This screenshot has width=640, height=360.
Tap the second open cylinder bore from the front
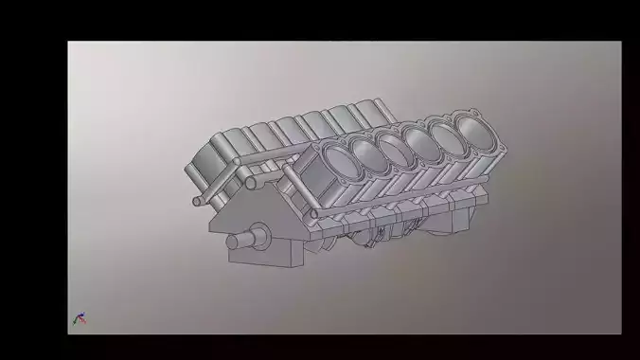click(x=364, y=150)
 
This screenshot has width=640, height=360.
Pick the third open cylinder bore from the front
click(x=392, y=143)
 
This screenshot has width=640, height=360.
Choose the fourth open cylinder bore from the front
click(x=418, y=137)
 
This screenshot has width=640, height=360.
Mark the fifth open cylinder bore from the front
click(x=443, y=131)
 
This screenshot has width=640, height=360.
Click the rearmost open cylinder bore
click(x=471, y=126)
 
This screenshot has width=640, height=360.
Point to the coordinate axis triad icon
click(x=80, y=318)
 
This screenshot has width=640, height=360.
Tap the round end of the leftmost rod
click(x=197, y=201)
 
